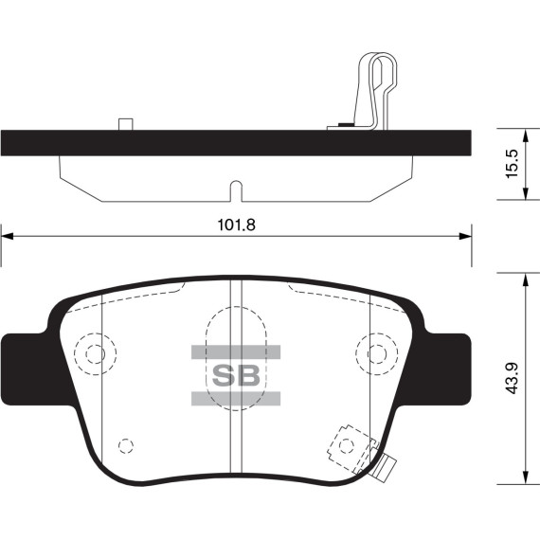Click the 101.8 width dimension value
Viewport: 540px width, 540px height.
click(x=237, y=225)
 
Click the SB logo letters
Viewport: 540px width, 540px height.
click(x=236, y=375)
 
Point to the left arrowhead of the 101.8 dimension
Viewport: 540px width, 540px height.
click(x=8, y=236)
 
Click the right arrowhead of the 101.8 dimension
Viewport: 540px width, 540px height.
click(x=465, y=236)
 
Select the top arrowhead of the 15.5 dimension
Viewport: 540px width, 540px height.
click(x=525, y=135)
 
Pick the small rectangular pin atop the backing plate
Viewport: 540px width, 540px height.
click(x=126, y=124)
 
